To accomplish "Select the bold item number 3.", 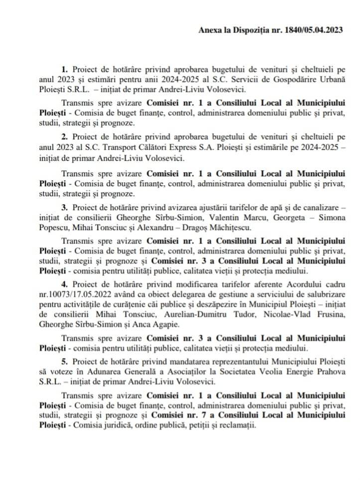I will click(x=64, y=206).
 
